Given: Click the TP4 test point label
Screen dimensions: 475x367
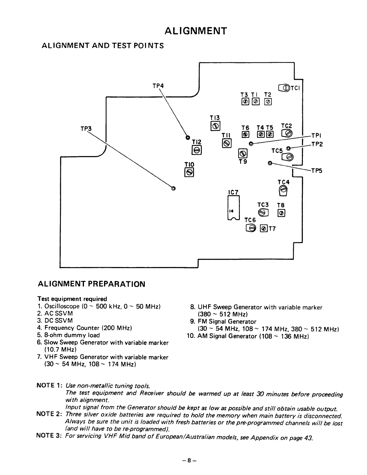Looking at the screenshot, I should click(158, 86).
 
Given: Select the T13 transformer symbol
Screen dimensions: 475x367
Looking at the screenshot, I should click(216, 126).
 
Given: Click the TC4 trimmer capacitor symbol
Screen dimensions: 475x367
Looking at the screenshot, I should click(283, 190).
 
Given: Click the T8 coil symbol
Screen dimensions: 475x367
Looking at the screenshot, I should click(281, 213).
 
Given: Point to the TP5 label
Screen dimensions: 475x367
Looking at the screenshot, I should click(316, 171).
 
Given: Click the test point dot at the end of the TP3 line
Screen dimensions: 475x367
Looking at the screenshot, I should click(173, 188).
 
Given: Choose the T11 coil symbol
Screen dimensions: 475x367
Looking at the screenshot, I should click(227, 144).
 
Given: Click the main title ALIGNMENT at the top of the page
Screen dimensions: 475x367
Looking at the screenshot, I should click(196, 31).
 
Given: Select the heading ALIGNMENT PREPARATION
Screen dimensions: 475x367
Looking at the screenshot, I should click(91, 284).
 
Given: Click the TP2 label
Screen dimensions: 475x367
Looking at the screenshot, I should click(317, 145).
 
